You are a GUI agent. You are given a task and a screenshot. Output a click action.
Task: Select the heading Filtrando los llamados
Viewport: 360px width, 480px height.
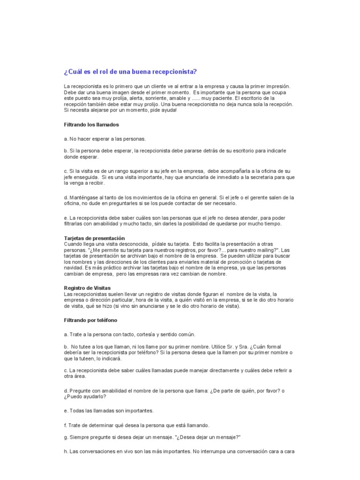[x=91, y=125]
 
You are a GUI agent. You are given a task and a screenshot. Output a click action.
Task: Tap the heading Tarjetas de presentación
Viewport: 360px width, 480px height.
[x=94, y=238]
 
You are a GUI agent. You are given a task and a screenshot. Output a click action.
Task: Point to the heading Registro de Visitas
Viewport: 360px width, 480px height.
[x=88, y=287]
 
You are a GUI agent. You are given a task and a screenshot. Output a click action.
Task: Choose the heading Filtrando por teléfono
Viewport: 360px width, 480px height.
[x=90, y=320]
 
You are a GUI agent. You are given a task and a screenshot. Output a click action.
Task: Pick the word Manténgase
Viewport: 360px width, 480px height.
[x=83, y=198]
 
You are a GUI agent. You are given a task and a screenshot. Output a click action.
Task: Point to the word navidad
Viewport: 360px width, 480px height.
[x=74, y=268]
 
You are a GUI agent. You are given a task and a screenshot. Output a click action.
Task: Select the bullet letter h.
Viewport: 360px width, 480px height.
[x=65, y=452]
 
